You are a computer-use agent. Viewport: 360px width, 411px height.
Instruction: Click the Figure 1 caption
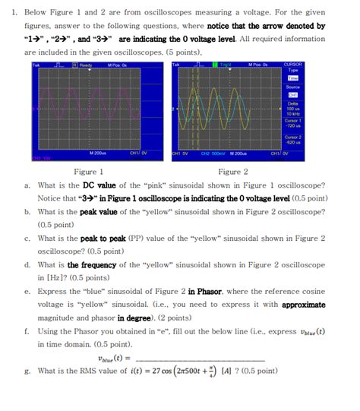coord(84,172)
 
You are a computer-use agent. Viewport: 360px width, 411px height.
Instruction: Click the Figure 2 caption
coord(233,172)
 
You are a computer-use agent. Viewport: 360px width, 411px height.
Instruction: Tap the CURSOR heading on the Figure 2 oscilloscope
coord(292,66)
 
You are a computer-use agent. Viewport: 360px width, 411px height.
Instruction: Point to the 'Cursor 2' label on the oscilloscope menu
coord(292,136)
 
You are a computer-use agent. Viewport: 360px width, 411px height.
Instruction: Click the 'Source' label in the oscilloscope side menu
coord(292,87)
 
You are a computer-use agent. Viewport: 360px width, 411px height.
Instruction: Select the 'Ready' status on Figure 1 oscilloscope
coord(85,66)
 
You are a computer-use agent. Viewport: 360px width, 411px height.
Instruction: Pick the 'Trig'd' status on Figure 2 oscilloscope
coord(223,66)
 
